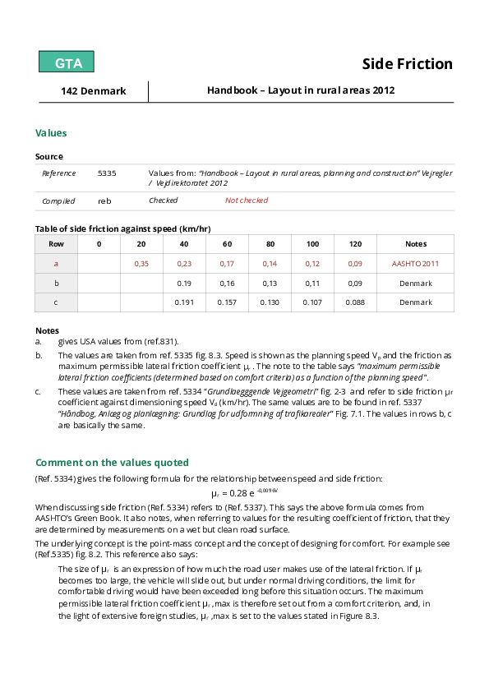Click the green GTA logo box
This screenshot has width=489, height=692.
pos(67,62)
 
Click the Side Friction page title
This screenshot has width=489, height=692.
pos(408,64)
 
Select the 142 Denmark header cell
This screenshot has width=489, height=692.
pos(94,91)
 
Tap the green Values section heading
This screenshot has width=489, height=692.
pos(51,133)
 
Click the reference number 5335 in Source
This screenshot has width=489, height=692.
pos(107,173)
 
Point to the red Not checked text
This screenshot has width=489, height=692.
pos(247,201)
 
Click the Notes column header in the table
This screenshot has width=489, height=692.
pos(416,244)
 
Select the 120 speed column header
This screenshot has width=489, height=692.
pos(355,244)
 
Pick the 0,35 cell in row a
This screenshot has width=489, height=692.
pos(141,264)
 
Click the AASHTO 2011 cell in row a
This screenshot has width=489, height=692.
pos(416,264)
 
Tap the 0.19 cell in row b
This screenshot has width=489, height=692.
pos(184,283)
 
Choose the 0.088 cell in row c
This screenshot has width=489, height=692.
pos(355,302)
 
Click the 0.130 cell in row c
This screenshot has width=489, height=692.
pos(270,302)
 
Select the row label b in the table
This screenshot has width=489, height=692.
pos(56,283)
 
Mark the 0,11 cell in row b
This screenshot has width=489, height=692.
pos(312,283)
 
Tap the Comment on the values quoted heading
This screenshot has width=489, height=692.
pos(112,462)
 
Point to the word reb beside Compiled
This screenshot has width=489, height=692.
pos(104,201)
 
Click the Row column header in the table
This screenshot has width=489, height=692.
pos(56,244)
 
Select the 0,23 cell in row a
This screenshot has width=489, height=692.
pos(184,264)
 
